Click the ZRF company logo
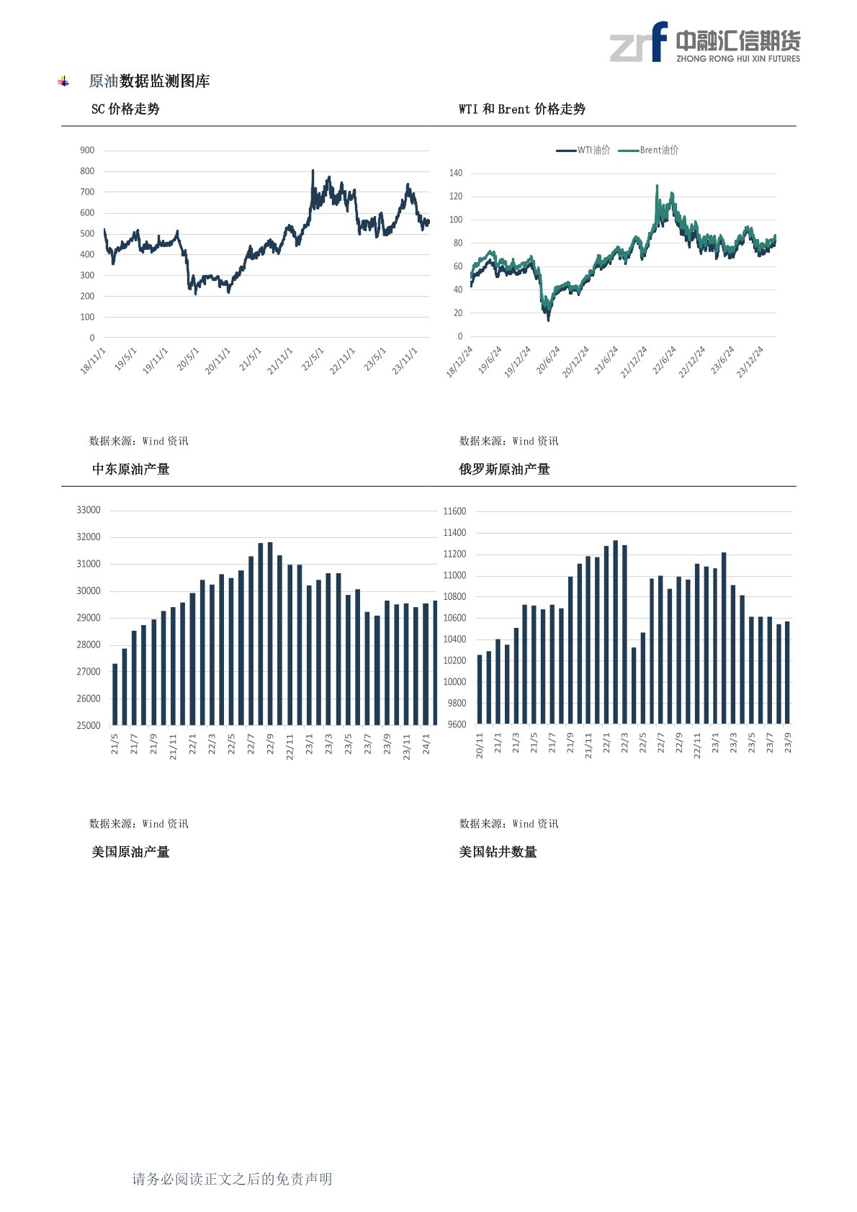coord(704,42)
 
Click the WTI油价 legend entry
coord(583,150)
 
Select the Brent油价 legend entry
coord(648,150)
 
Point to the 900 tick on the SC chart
coord(87,150)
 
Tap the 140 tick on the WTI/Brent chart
coord(456,173)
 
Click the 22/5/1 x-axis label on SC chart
coord(313,360)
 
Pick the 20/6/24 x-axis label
coord(547,360)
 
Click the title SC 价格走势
coord(125,109)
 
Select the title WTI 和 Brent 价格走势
coord(521,109)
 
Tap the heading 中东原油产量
coord(130,469)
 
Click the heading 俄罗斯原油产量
coord(504,469)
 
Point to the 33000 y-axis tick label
coord(88,510)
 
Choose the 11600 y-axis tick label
coord(454,511)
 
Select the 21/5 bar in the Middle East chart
coord(115,694)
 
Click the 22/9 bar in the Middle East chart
coord(270,634)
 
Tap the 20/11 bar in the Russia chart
coord(480,689)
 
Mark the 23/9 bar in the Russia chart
coord(787,673)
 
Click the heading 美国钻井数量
coord(498,852)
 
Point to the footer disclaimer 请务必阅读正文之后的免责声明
coord(232,1179)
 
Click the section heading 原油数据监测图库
coord(149,81)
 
